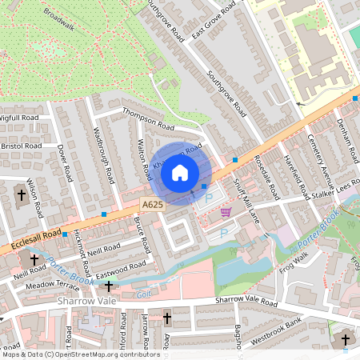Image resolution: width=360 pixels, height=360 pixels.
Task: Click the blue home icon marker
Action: (180, 172)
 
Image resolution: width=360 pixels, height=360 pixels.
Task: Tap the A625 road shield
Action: (154, 206)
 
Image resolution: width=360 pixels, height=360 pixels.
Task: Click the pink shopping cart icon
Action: (226, 212)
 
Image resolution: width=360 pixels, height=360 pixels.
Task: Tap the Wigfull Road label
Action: (19, 117)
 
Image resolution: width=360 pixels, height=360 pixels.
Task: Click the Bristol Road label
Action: (22, 146)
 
